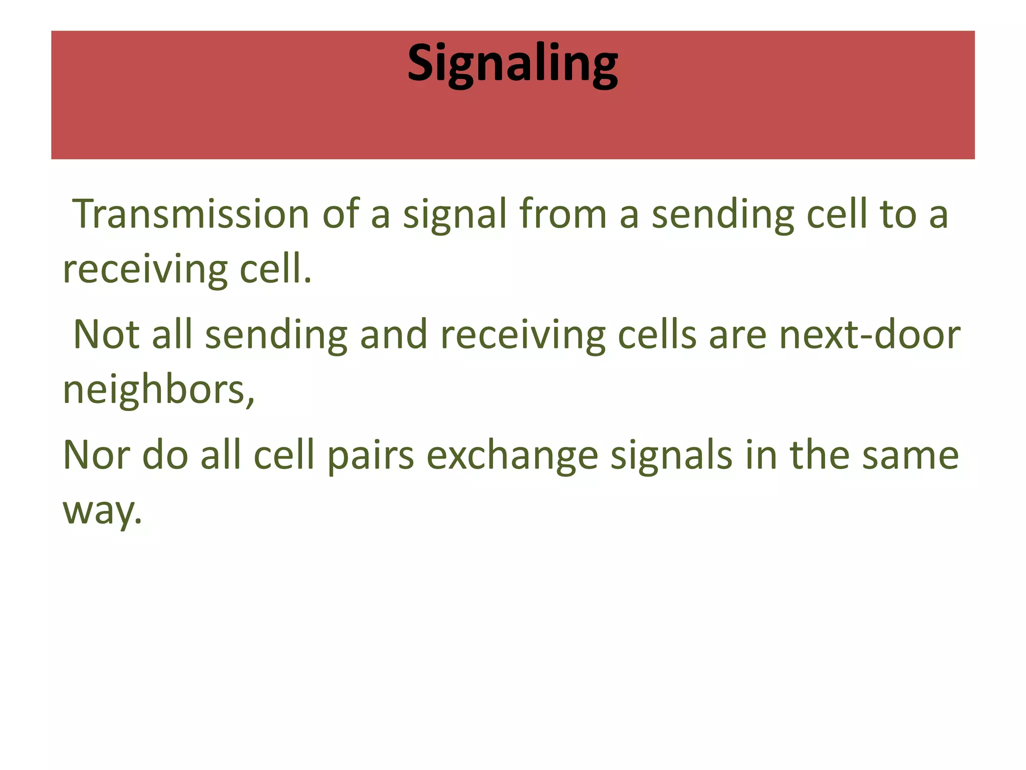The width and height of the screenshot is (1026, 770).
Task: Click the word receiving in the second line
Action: (x=145, y=270)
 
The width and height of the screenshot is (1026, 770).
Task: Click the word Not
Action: (x=106, y=334)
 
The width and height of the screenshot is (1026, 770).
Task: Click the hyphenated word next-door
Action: (x=869, y=334)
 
